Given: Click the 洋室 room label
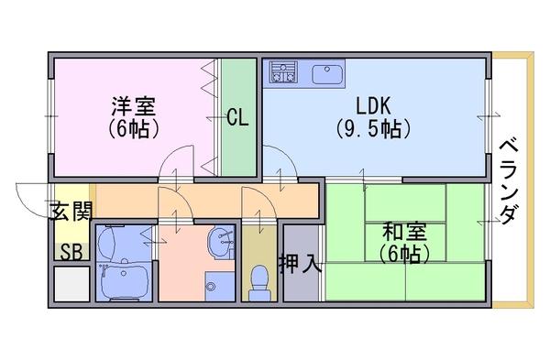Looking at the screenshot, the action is point(133,105).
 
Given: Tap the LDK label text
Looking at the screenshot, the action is point(373,105).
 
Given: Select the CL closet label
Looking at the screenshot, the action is point(237,117).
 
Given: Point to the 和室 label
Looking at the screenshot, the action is point(404,232).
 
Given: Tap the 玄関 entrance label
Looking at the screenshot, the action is point(71,211).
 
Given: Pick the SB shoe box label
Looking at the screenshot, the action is point(71,252).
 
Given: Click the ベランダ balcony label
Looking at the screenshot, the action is point(508,181).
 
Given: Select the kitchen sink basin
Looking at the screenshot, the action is point(327,74).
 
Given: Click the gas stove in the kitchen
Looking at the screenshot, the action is point(283,72).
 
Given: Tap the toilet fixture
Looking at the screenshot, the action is point(259,283).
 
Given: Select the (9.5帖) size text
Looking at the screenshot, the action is point(373,128).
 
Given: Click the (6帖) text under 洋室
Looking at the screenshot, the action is point(133,128).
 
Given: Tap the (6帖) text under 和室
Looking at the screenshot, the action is point(404,254).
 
